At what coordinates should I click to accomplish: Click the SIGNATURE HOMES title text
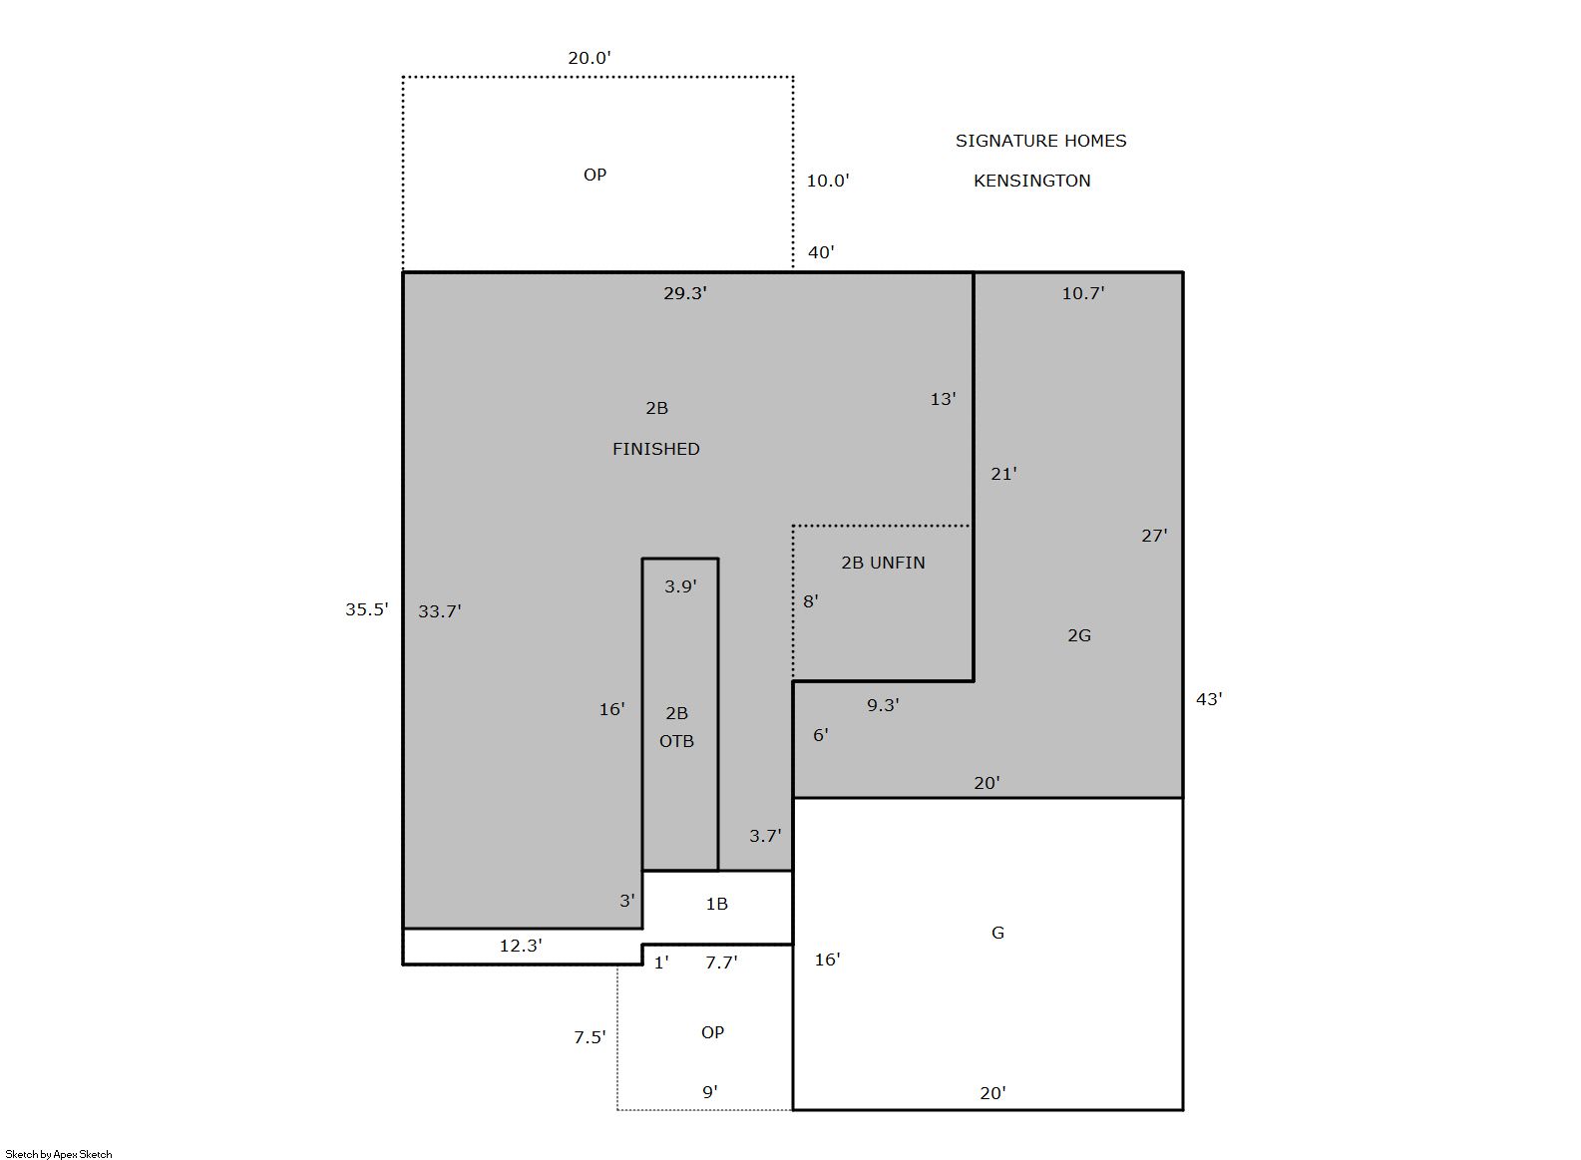tap(1040, 141)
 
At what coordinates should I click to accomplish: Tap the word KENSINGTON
tap(1031, 181)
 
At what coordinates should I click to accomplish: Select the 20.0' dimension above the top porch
tap(590, 58)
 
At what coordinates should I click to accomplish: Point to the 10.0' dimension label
tap(828, 181)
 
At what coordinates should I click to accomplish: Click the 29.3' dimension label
tap(685, 293)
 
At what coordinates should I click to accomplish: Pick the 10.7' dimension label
tap(1083, 293)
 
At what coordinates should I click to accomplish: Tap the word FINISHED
tap(655, 449)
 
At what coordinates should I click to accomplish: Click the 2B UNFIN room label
tap(883, 563)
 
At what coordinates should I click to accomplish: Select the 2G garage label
tap(1079, 635)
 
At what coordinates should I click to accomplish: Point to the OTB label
tap(677, 741)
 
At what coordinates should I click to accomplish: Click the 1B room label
tap(716, 904)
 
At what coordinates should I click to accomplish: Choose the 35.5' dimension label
tap(367, 609)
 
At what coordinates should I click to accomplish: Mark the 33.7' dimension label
tap(440, 611)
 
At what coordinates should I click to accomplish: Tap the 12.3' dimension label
tap(521, 946)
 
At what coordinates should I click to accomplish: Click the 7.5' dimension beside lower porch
tap(590, 1037)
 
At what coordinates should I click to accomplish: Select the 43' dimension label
tap(1209, 699)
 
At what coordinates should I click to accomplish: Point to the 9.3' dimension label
tap(883, 705)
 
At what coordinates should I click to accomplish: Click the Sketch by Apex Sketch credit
tap(59, 1154)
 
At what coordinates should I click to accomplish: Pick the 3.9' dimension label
tap(680, 586)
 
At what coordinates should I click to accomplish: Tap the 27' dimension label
tap(1155, 537)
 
